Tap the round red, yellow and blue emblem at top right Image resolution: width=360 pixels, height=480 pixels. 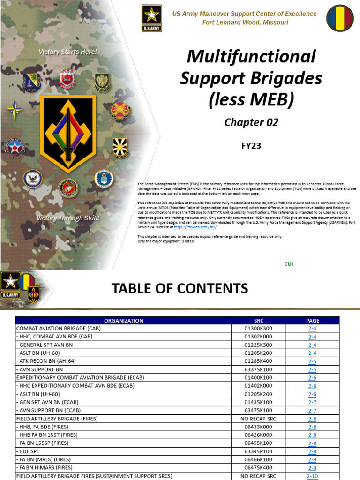pos(340,18)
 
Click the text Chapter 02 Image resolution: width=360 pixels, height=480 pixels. pos(251,122)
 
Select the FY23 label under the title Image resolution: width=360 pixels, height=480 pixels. pos(251,146)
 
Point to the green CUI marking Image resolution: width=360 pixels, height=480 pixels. pos(289,264)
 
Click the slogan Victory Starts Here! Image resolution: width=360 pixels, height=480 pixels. pos(68,52)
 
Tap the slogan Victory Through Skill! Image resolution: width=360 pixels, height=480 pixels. pos(68,218)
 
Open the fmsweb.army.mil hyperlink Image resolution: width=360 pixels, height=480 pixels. pos(195,226)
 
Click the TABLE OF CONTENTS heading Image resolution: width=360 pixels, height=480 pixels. pos(180,288)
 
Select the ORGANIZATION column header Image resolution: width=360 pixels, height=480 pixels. pos(124,321)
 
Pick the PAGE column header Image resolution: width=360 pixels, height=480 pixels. pos(312,321)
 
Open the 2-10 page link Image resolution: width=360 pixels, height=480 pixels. pos(312,476)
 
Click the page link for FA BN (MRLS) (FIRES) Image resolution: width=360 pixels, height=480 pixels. pos(312,460)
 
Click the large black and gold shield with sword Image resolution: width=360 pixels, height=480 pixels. pos(68,127)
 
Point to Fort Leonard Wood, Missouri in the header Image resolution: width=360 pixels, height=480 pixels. pos(245,22)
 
